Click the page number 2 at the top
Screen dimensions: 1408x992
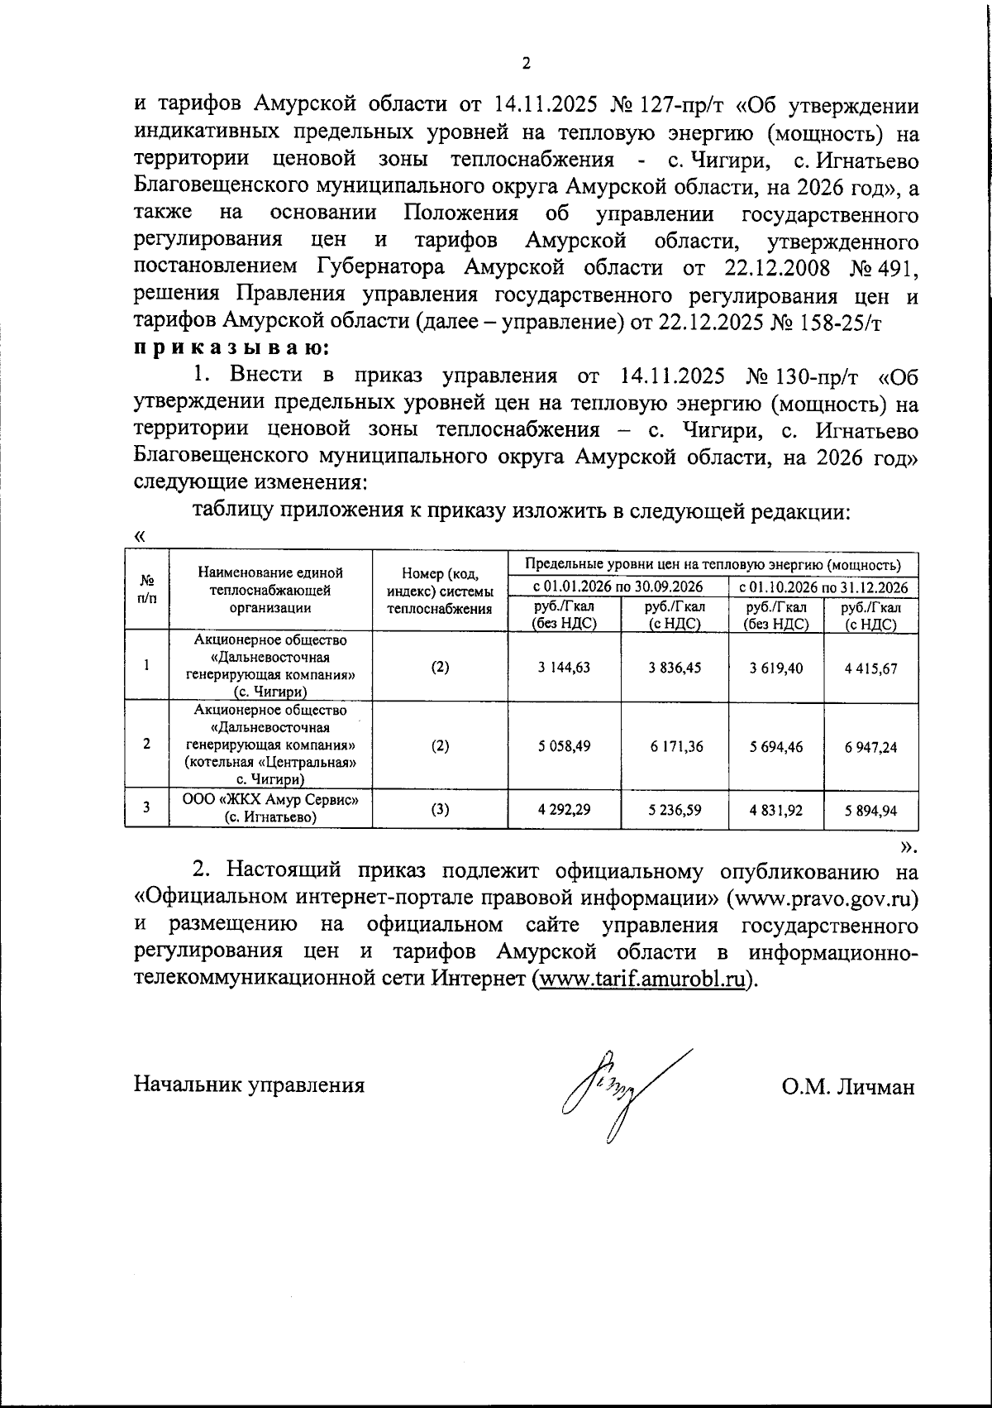tap(526, 65)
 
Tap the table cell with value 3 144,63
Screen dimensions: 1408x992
tap(563, 667)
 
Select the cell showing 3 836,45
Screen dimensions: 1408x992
tap(675, 667)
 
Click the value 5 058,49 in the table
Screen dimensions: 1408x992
tap(563, 745)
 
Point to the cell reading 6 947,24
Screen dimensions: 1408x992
tap(870, 746)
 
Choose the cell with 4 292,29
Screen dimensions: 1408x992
tap(563, 809)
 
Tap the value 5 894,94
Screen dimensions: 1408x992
tap(870, 811)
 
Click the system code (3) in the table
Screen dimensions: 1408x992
tap(440, 809)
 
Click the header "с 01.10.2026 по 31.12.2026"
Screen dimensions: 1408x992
tap(823, 587)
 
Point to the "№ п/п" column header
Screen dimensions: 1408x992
tap(146, 589)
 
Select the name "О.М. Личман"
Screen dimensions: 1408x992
tap(848, 1086)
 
